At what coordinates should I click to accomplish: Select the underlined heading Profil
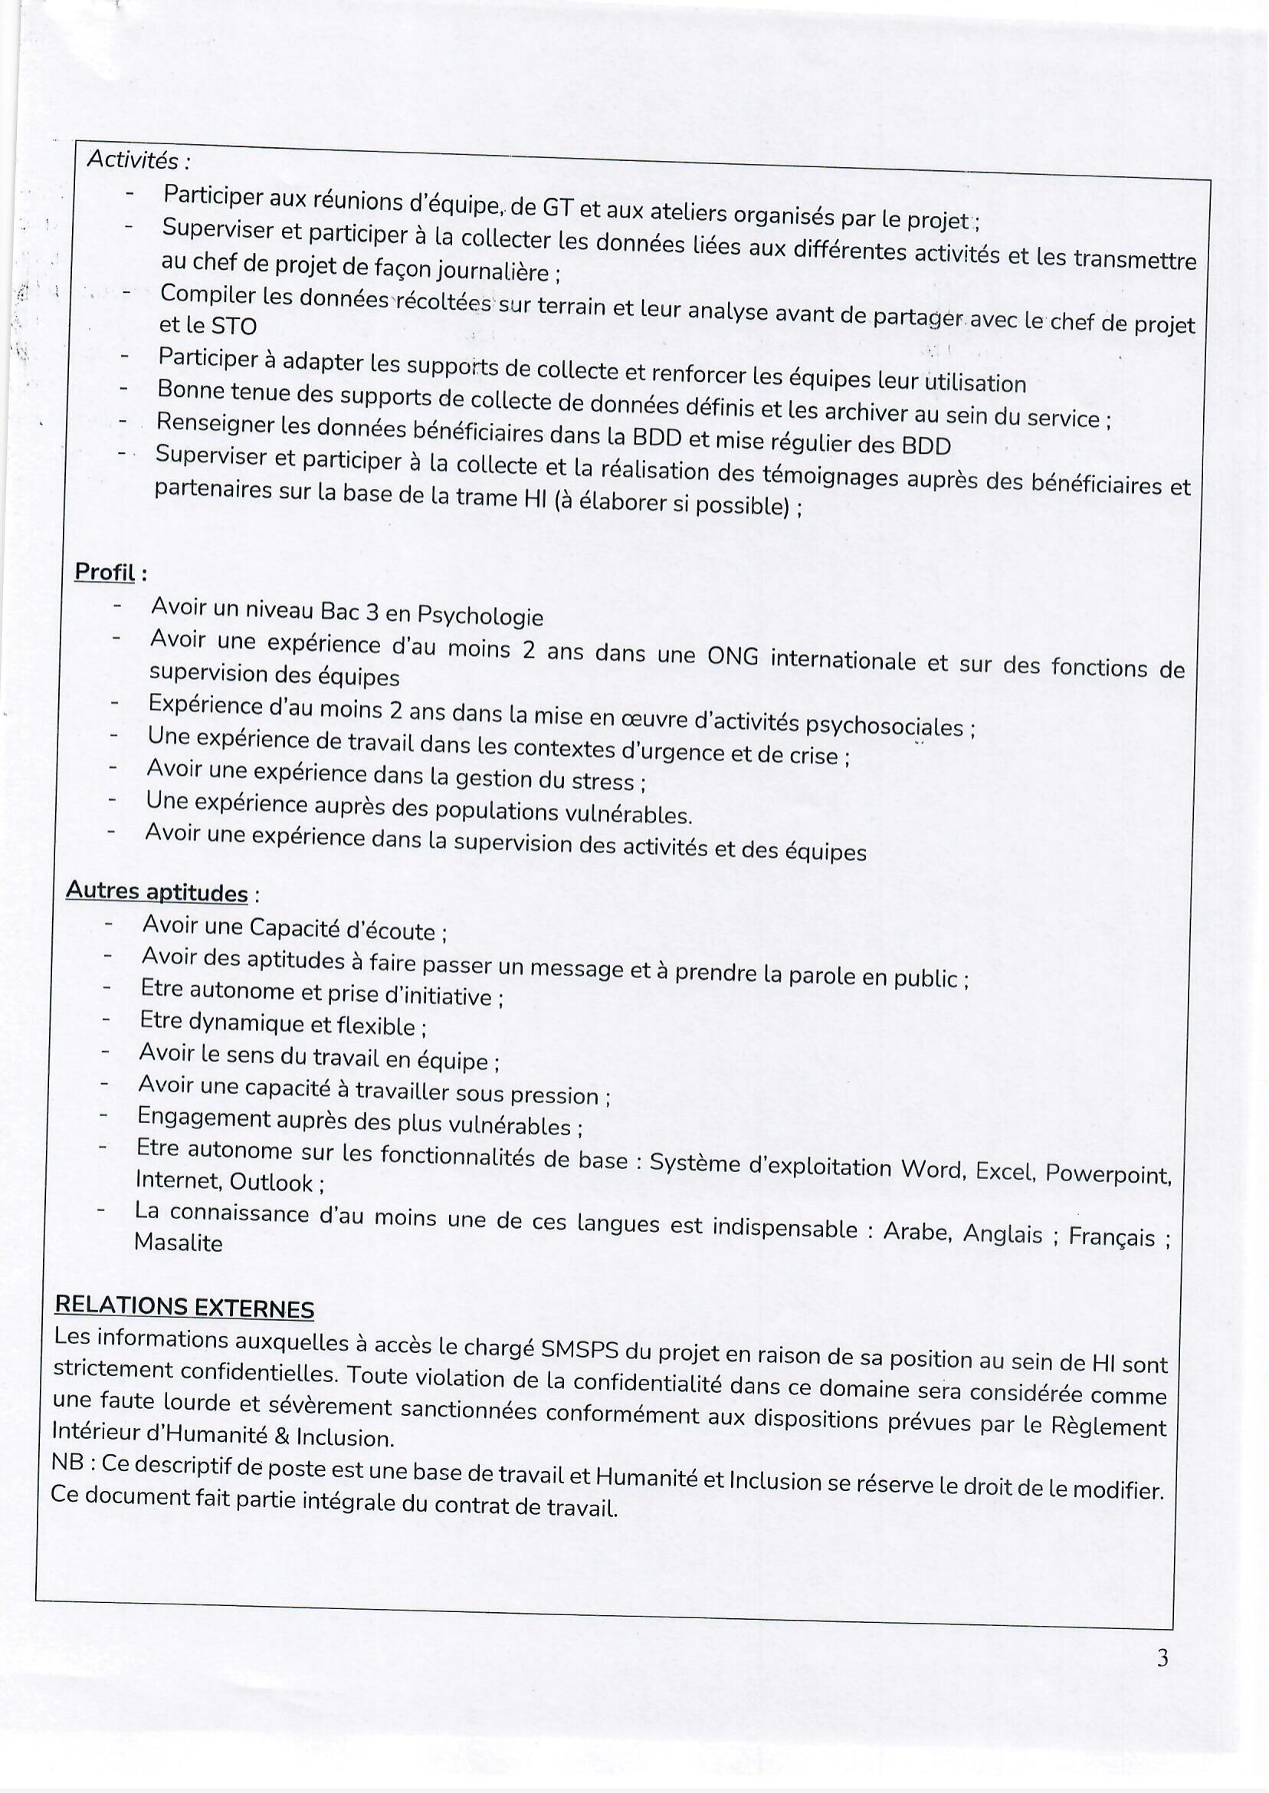105,572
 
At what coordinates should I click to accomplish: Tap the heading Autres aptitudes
157,891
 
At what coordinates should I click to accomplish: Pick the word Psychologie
480,616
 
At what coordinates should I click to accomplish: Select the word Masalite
178,1243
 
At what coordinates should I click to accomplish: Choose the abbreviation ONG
731,656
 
